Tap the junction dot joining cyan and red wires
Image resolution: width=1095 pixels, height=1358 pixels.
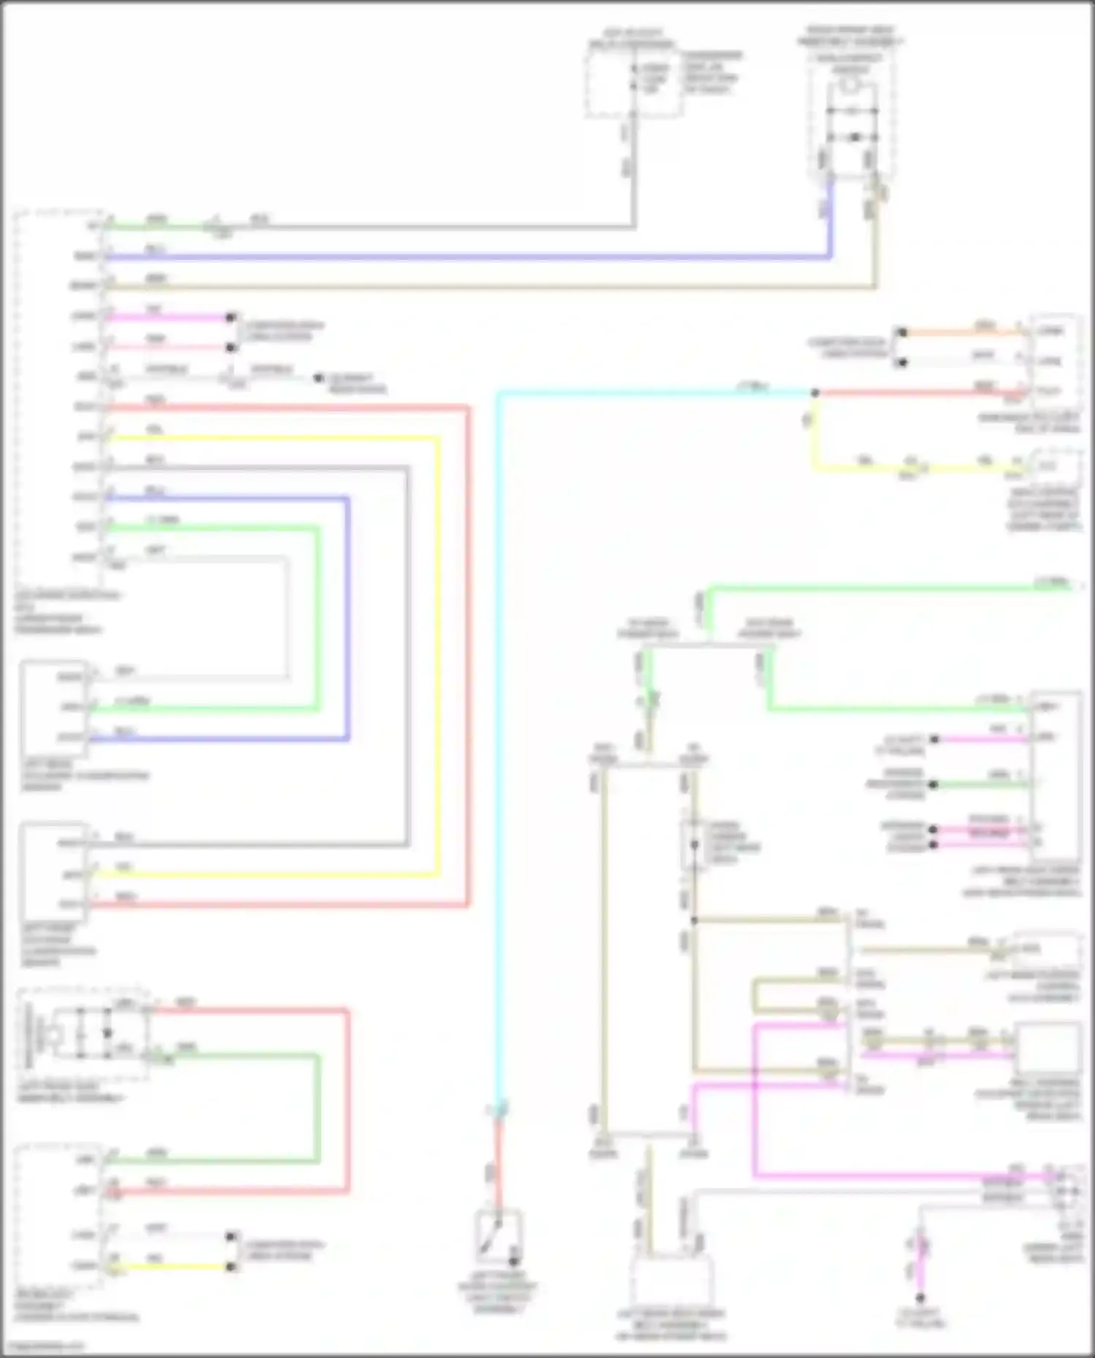click(x=815, y=393)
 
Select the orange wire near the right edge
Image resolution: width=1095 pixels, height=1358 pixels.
click(x=964, y=332)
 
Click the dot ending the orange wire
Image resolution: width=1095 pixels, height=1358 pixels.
click(x=902, y=333)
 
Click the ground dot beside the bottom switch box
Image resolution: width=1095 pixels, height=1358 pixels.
click(x=514, y=1261)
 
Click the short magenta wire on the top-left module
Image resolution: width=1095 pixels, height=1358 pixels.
click(x=168, y=317)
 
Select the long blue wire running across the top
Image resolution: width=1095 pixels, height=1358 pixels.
click(x=467, y=257)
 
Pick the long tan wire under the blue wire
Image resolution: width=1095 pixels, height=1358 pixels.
click(x=467, y=287)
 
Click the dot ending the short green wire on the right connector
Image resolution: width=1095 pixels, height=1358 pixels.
click(x=933, y=784)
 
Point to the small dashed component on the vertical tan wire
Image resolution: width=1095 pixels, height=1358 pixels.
click(x=693, y=844)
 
